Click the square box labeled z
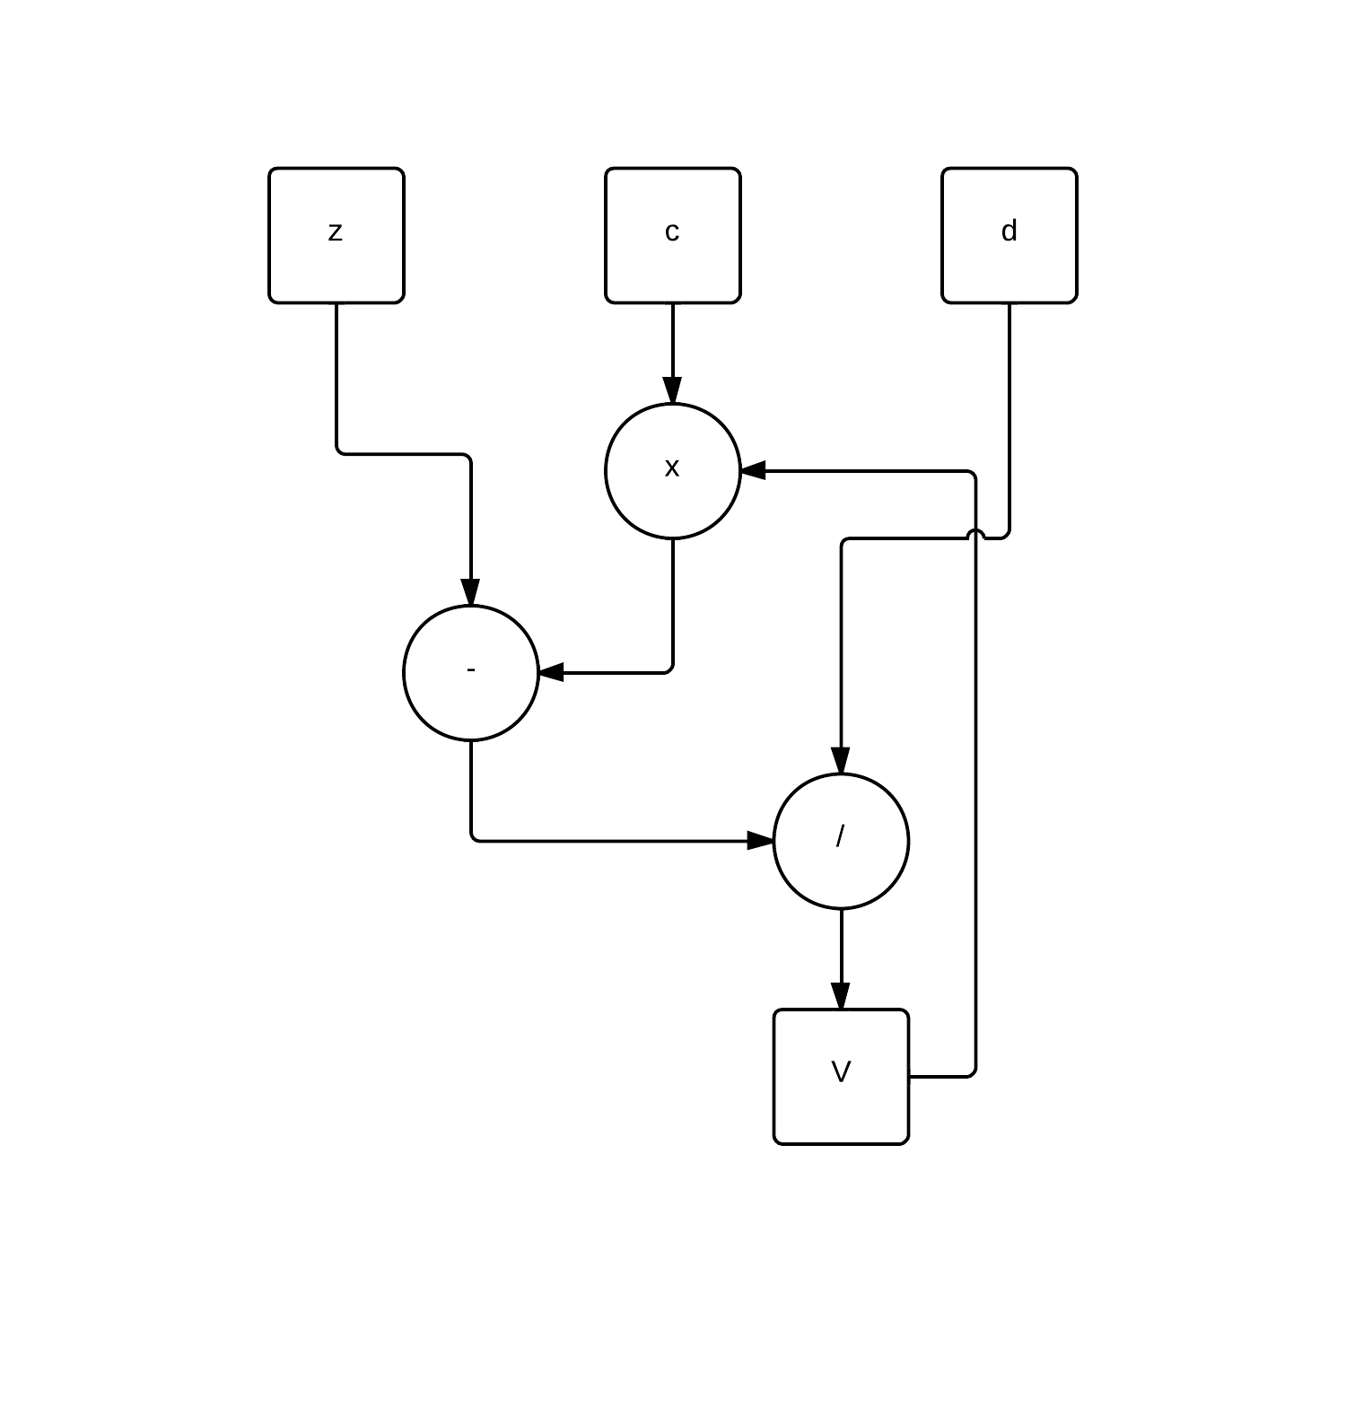[336, 235]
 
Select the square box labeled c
[673, 235]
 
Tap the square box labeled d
[1009, 235]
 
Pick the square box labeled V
[841, 1077]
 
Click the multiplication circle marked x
[673, 471]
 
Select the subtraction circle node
[471, 673]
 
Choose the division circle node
[841, 841]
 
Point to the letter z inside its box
[336, 232]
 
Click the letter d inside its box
[1009, 232]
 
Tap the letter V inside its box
[841, 1072]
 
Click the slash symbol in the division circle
[840, 836]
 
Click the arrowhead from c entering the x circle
[673, 391]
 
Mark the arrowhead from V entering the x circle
[753, 470]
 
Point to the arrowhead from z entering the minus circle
[471, 593]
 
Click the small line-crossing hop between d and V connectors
[975, 536]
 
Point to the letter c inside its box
[672, 232]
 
